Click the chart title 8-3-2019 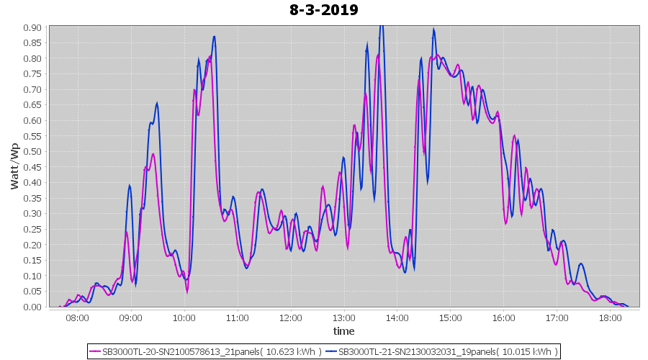[324, 10]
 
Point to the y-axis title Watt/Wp [14, 166]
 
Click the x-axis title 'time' [343, 331]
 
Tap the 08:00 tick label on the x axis [77, 318]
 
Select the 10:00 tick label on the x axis [184, 318]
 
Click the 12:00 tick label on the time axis [290, 318]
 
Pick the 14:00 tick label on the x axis [397, 318]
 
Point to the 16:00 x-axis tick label [503, 318]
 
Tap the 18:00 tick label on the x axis [610, 318]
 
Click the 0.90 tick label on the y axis [32, 27]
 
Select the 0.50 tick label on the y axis [32, 151]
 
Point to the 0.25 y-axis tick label [32, 229]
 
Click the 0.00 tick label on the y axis [32, 307]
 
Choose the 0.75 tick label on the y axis [32, 74]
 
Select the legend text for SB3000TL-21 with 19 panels [448, 351]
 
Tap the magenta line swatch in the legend [94, 351]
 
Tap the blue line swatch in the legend [330, 351]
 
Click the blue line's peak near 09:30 [156, 103]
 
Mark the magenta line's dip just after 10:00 [187, 292]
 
